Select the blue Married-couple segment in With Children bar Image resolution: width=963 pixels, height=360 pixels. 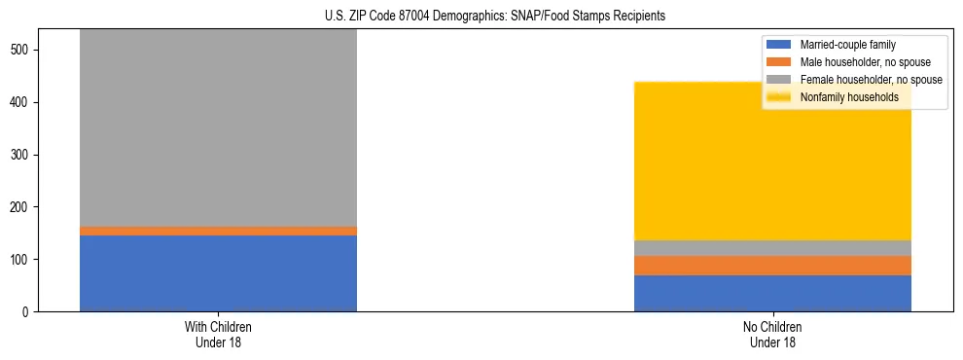pos(218,273)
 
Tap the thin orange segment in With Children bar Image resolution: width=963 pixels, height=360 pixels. pos(218,231)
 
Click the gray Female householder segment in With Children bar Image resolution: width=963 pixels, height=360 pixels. pos(218,127)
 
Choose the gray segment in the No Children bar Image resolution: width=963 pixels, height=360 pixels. pos(772,248)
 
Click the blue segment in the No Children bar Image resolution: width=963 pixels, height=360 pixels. pos(772,293)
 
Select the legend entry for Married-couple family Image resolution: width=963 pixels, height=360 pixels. pos(847,45)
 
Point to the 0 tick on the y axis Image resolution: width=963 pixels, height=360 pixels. pos(29,312)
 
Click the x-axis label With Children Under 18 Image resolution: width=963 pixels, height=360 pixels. pos(218,335)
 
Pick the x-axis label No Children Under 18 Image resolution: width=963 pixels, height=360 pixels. pos(772,335)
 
